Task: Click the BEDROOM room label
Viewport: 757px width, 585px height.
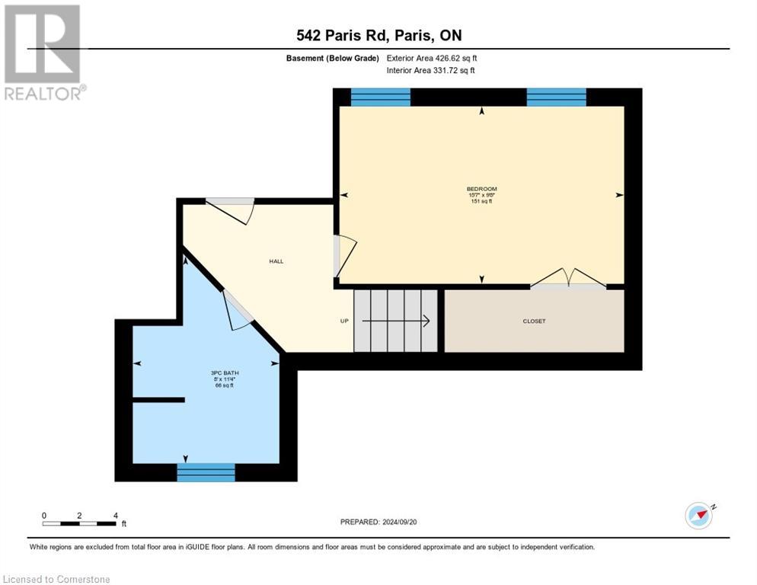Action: pyautogui.click(x=481, y=189)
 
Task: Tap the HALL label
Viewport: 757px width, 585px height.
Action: pyautogui.click(x=276, y=261)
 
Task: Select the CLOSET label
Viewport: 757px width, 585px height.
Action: pyautogui.click(x=534, y=321)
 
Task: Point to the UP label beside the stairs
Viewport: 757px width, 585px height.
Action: pyautogui.click(x=344, y=321)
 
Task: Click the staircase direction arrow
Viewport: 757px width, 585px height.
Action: pyautogui.click(x=395, y=321)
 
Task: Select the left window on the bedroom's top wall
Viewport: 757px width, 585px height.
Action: pyautogui.click(x=380, y=97)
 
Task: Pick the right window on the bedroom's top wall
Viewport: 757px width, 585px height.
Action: pyautogui.click(x=556, y=97)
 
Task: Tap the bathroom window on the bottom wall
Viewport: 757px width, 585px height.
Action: pyautogui.click(x=206, y=472)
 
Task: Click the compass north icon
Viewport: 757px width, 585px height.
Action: pyautogui.click(x=698, y=515)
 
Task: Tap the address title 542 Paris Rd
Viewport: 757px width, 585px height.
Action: pyautogui.click(x=378, y=35)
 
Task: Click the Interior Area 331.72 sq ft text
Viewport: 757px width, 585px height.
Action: pyautogui.click(x=430, y=71)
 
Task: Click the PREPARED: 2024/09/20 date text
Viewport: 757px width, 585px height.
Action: pyautogui.click(x=378, y=522)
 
